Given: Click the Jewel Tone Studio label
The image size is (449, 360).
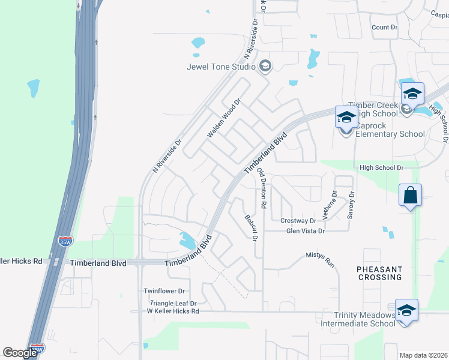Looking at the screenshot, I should (x=220, y=66).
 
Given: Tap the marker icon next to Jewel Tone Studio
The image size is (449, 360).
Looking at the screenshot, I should (x=265, y=66).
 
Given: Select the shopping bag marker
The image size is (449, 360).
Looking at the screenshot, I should (x=411, y=196).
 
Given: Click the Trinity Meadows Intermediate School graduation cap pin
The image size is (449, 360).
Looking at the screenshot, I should (x=406, y=311).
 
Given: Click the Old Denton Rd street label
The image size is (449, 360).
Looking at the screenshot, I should (x=261, y=188).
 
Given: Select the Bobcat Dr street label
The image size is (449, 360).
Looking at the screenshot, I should (x=250, y=228).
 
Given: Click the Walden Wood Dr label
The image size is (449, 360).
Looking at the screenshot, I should (x=223, y=119).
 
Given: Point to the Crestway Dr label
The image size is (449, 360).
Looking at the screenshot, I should (x=299, y=221).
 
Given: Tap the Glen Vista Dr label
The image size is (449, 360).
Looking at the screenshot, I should (x=305, y=230).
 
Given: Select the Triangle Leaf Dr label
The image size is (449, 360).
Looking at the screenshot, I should (x=173, y=304).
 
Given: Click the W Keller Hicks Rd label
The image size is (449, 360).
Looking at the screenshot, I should (x=173, y=311).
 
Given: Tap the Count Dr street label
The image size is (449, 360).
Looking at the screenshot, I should (x=384, y=28).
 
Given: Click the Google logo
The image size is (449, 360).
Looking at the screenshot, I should (x=20, y=352).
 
